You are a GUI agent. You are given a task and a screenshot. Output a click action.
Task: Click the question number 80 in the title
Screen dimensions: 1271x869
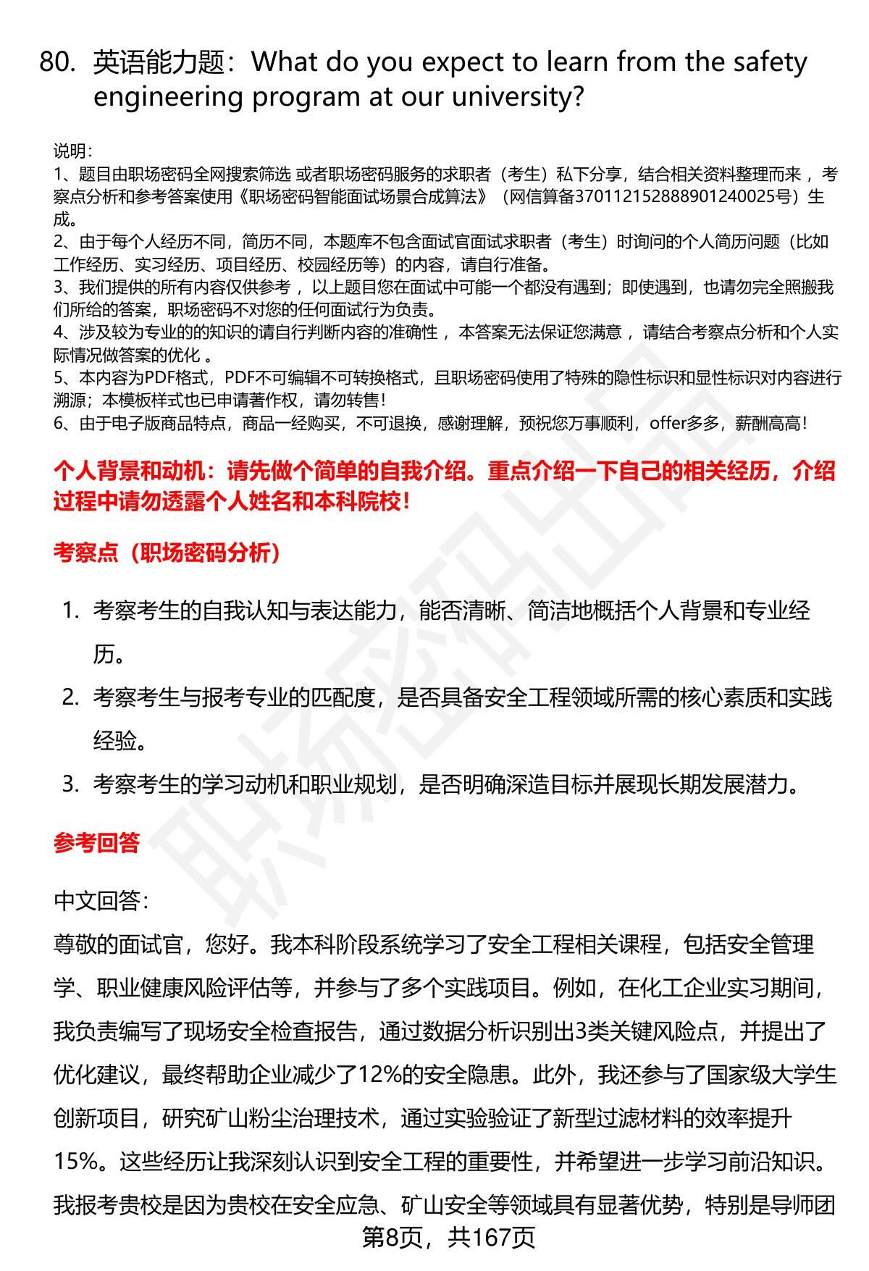point(57,63)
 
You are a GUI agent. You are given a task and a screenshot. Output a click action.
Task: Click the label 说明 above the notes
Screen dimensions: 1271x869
point(72,151)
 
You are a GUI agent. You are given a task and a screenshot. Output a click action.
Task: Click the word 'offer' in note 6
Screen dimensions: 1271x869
point(667,423)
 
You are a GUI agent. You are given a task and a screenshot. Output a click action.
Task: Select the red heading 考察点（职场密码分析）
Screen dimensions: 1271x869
point(167,553)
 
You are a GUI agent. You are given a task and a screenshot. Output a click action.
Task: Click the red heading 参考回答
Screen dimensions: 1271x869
point(96,843)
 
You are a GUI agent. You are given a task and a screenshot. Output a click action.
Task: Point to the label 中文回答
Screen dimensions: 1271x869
point(101,901)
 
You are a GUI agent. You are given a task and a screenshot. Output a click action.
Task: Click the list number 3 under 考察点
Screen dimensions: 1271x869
point(70,784)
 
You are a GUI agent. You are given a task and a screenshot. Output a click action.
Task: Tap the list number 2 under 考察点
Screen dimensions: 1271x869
point(70,697)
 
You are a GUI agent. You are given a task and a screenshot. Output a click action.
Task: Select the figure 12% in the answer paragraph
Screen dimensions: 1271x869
point(379,1075)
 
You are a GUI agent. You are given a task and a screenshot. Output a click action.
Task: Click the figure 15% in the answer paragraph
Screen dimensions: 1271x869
point(76,1162)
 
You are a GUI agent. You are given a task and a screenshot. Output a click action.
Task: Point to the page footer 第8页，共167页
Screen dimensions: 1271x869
point(448,1238)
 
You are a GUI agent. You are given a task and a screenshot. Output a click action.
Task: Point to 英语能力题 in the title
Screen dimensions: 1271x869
point(159,63)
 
